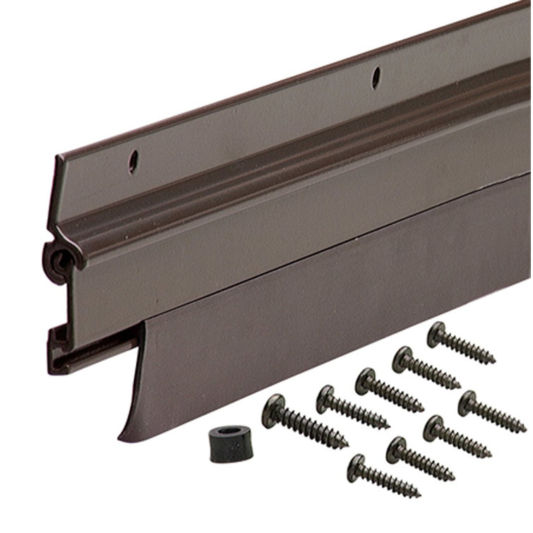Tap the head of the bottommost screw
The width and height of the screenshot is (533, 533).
coord(356,462)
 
